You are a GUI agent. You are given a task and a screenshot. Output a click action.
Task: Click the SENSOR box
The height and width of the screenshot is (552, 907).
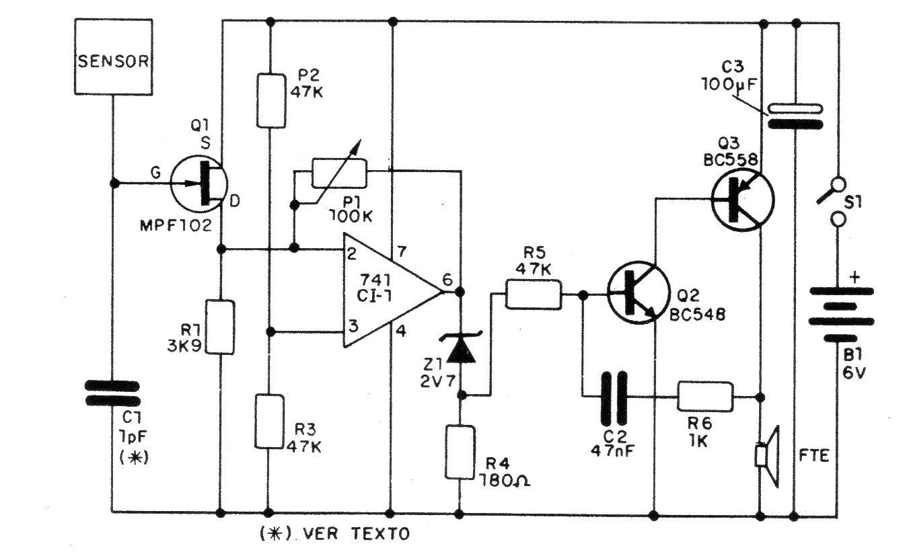tap(113, 62)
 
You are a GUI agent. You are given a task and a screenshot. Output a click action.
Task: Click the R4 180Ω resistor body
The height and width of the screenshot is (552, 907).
tap(460, 451)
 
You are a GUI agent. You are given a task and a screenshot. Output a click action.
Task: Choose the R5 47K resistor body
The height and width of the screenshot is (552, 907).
tap(533, 294)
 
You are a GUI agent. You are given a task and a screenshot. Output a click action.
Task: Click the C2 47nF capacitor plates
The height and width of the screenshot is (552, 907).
tap(616, 396)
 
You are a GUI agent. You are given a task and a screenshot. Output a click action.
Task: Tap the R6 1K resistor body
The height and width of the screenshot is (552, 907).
tap(704, 396)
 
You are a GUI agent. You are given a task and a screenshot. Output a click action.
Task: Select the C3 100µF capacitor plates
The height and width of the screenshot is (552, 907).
tap(795, 116)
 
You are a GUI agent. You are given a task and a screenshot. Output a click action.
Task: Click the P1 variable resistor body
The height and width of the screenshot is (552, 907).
tap(339, 173)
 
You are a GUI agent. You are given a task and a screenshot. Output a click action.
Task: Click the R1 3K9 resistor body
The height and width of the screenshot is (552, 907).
tap(221, 327)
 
